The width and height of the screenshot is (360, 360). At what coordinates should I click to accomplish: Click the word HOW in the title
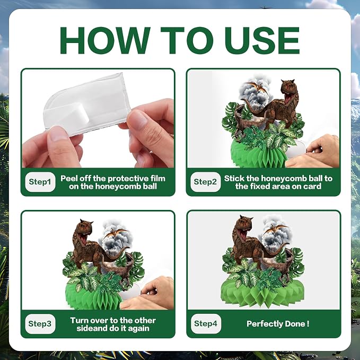pyautogui.click(x=105, y=40)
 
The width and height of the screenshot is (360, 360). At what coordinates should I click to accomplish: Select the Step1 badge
pyautogui.click(x=40, y=182)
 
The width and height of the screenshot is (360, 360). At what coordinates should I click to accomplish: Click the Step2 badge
pyautogui.click(x=206, y=182)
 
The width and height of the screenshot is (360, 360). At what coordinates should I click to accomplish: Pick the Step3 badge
pyautogui.click(x=40, y=324)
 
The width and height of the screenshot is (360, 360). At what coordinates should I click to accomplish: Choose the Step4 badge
pyautogui.click(x=206, y=324)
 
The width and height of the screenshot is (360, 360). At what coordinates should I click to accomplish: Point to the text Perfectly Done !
pyautogui.click(x=278, y=324)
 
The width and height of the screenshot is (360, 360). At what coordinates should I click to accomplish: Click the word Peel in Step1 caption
pyautogui.click(x=68, y=178)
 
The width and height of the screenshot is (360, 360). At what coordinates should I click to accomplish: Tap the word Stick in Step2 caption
pyautogui.click(x=234, y=178)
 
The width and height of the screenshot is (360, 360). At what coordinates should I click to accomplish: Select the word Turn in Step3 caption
pyautogui.click(x=80, y=320)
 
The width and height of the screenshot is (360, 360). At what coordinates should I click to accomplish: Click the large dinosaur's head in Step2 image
pyautogui.click(x=289, y=89)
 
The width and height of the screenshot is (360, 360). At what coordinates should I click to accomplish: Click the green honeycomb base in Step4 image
pyautogui.click(x=262, y=296)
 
